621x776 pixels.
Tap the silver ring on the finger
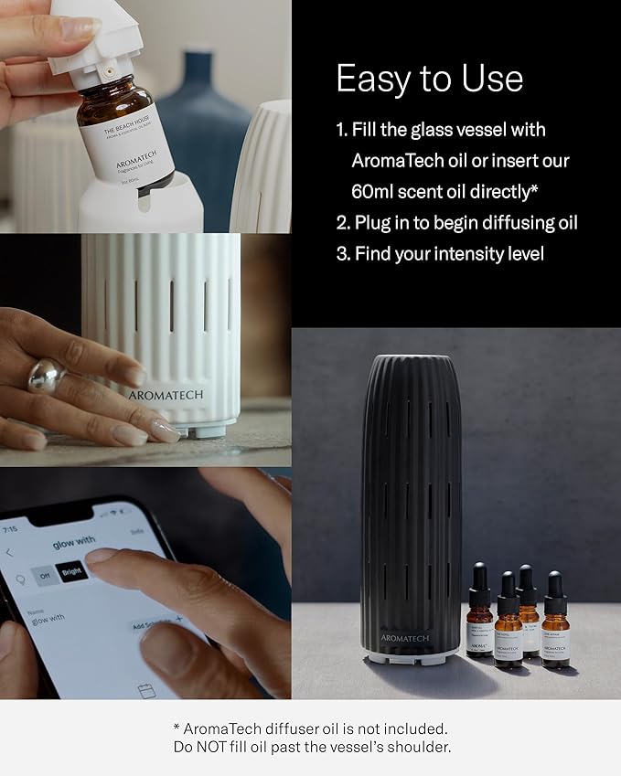coord(47,375)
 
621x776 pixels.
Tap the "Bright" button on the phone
coord(72,571)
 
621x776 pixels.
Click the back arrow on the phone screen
coord(10,552)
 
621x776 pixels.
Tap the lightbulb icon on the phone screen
coord(16,582)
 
